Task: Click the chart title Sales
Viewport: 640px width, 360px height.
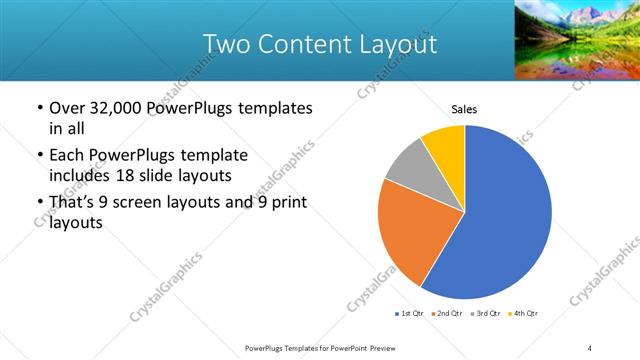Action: [465, 109]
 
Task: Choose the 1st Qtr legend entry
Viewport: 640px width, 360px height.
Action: [410, 314]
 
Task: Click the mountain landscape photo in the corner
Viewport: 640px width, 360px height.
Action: [576, 40]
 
